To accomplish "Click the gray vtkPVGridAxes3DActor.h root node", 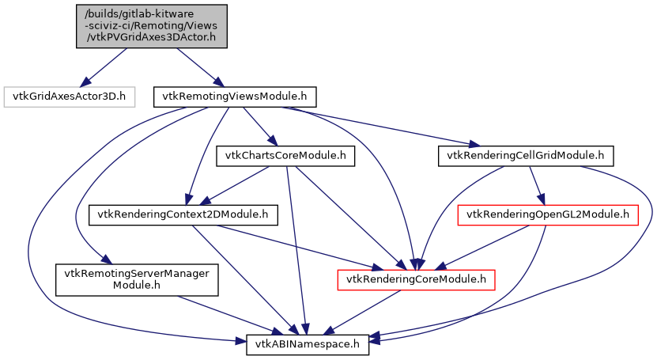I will tap(151, 26).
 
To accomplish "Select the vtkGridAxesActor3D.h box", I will tap(70, 97).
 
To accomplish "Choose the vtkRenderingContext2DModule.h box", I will tap(183, 214).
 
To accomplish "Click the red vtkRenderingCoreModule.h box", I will tap(417, 279).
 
